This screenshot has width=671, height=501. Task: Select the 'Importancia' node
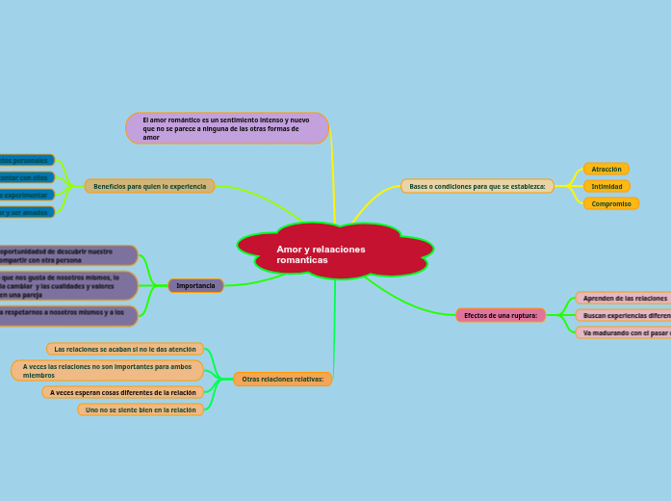coord(195,285)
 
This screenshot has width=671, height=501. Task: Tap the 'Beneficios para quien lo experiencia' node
coord(149,186)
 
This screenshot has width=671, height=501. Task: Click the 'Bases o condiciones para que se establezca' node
coord(477,186)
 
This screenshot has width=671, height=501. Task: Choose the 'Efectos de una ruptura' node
coord(501,315)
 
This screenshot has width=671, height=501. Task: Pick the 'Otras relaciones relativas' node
coord(282,379)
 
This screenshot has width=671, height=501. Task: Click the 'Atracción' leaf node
coord(606,169)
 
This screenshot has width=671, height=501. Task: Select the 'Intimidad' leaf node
coord(606,186)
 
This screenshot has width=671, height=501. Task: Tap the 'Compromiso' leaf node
coord(611,203)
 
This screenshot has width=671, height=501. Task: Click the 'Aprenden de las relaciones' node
coord(624,298)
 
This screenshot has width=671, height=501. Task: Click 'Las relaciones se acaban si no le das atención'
coord(125,349)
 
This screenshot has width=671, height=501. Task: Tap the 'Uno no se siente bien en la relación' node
coord(141,409)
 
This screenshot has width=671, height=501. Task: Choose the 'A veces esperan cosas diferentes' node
coord(123,392)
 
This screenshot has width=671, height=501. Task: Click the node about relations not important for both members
coord(107,371)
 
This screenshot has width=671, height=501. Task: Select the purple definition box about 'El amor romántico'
coord(227,128)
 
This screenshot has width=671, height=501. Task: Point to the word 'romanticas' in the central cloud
coord(302,260)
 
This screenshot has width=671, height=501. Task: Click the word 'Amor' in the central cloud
coord(287,249)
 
